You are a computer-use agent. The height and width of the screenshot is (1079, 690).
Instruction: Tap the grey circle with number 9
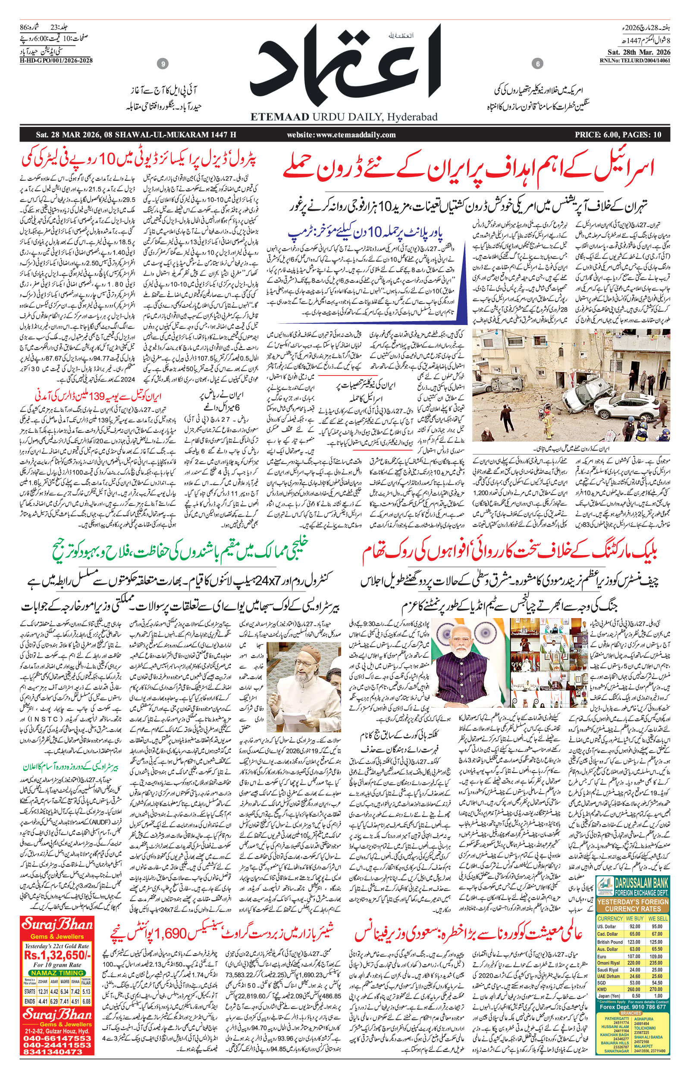[163, 65]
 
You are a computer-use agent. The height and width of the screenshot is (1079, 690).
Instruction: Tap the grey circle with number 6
[537, 65]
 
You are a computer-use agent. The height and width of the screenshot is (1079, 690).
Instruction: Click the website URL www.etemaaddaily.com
[342, 135]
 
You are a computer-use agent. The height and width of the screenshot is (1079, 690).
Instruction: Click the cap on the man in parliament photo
[304, 652]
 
